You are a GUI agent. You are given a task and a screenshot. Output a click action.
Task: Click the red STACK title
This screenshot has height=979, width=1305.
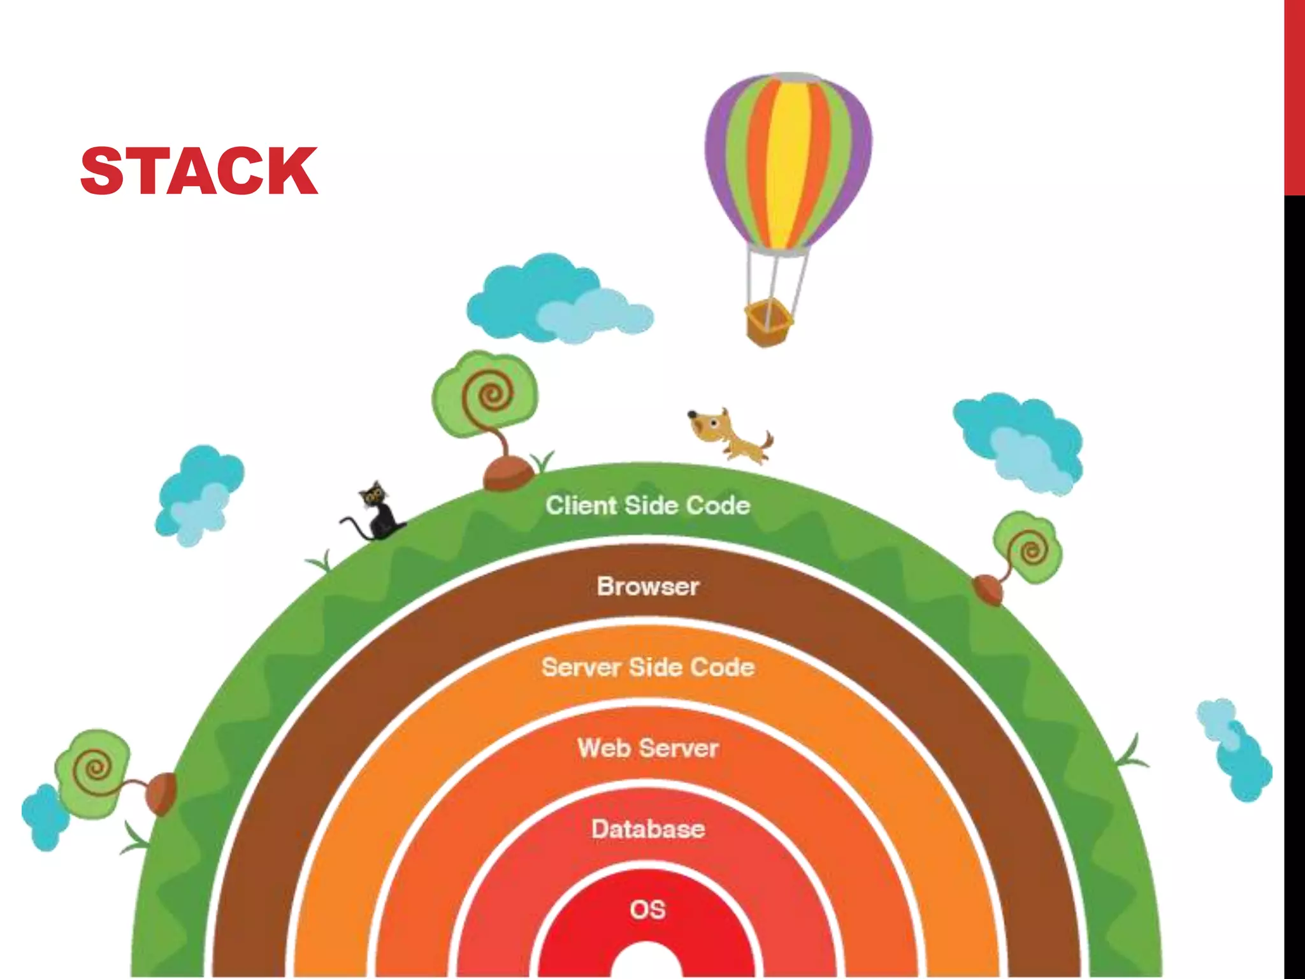[199, 171]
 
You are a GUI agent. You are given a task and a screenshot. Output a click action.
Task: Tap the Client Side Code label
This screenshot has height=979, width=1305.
[647, 505]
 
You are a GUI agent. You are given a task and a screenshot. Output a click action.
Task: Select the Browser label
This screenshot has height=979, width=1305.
[647, 586]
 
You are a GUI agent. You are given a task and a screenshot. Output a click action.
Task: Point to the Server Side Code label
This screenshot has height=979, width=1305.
[647, 667]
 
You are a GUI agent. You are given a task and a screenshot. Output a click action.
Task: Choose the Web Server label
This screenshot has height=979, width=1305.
[647, 748]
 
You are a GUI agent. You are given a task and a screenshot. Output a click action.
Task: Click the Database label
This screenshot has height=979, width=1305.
[647, 829]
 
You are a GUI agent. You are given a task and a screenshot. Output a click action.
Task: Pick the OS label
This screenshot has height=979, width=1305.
[647, 910]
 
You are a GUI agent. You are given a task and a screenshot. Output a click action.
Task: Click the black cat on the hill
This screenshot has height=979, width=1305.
[377, 513]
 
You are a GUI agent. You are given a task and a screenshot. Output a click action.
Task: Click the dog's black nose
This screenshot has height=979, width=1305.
[692, 415]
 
